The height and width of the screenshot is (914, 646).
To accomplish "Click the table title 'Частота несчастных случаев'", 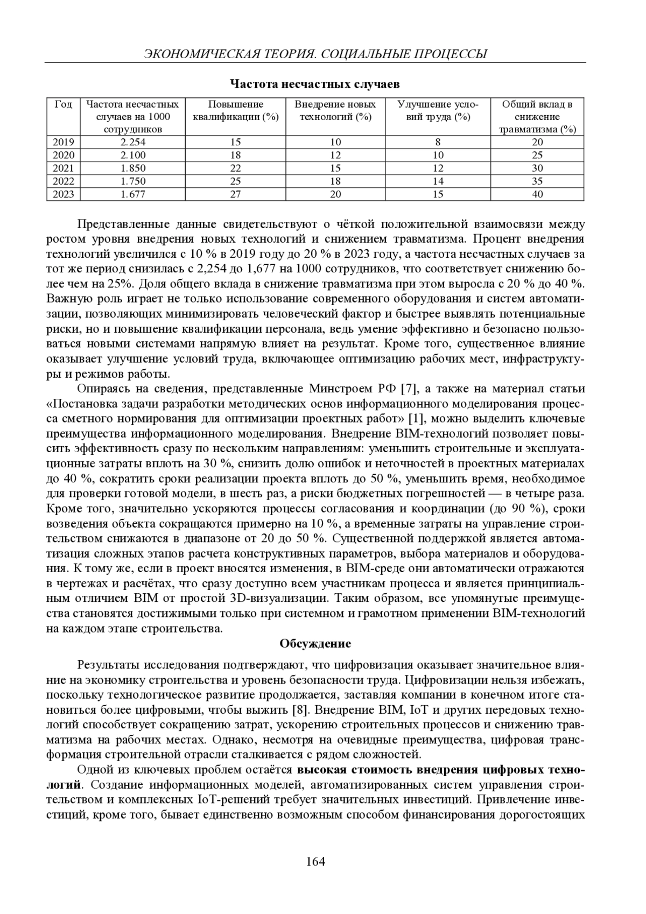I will point(315,85).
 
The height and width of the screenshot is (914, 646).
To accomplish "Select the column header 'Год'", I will point(63,104).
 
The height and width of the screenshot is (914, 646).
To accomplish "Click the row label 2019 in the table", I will point(63,142).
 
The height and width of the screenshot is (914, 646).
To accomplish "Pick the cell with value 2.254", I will point(132,142).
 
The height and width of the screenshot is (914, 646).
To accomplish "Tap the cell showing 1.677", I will point(132,194).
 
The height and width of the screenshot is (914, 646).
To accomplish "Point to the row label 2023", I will point(63,194).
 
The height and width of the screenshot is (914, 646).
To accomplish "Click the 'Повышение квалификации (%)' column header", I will point(235,110).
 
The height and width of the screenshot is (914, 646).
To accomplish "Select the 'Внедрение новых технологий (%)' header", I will point(335,110).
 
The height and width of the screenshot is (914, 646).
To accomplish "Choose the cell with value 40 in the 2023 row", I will point(537,194).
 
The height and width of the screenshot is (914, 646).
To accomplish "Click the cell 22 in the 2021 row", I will point(235,168).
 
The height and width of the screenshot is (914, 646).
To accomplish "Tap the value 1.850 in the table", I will point(132,168).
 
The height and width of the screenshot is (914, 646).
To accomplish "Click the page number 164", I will point(315,862).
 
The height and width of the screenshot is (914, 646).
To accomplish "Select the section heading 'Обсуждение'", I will point(315,644).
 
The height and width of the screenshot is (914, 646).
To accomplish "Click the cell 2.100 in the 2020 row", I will point(132,156).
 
